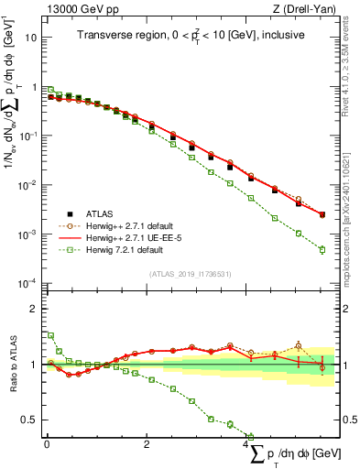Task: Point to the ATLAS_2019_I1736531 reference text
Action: click(191, 274)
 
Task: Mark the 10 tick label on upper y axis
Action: click(31, 38)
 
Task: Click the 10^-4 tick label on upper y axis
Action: click(29, 283)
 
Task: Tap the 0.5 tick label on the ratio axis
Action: click(29, 420)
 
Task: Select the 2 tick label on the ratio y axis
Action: click(34, 309)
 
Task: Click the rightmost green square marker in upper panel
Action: click(322, 249)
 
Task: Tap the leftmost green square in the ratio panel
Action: click(50, 335)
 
